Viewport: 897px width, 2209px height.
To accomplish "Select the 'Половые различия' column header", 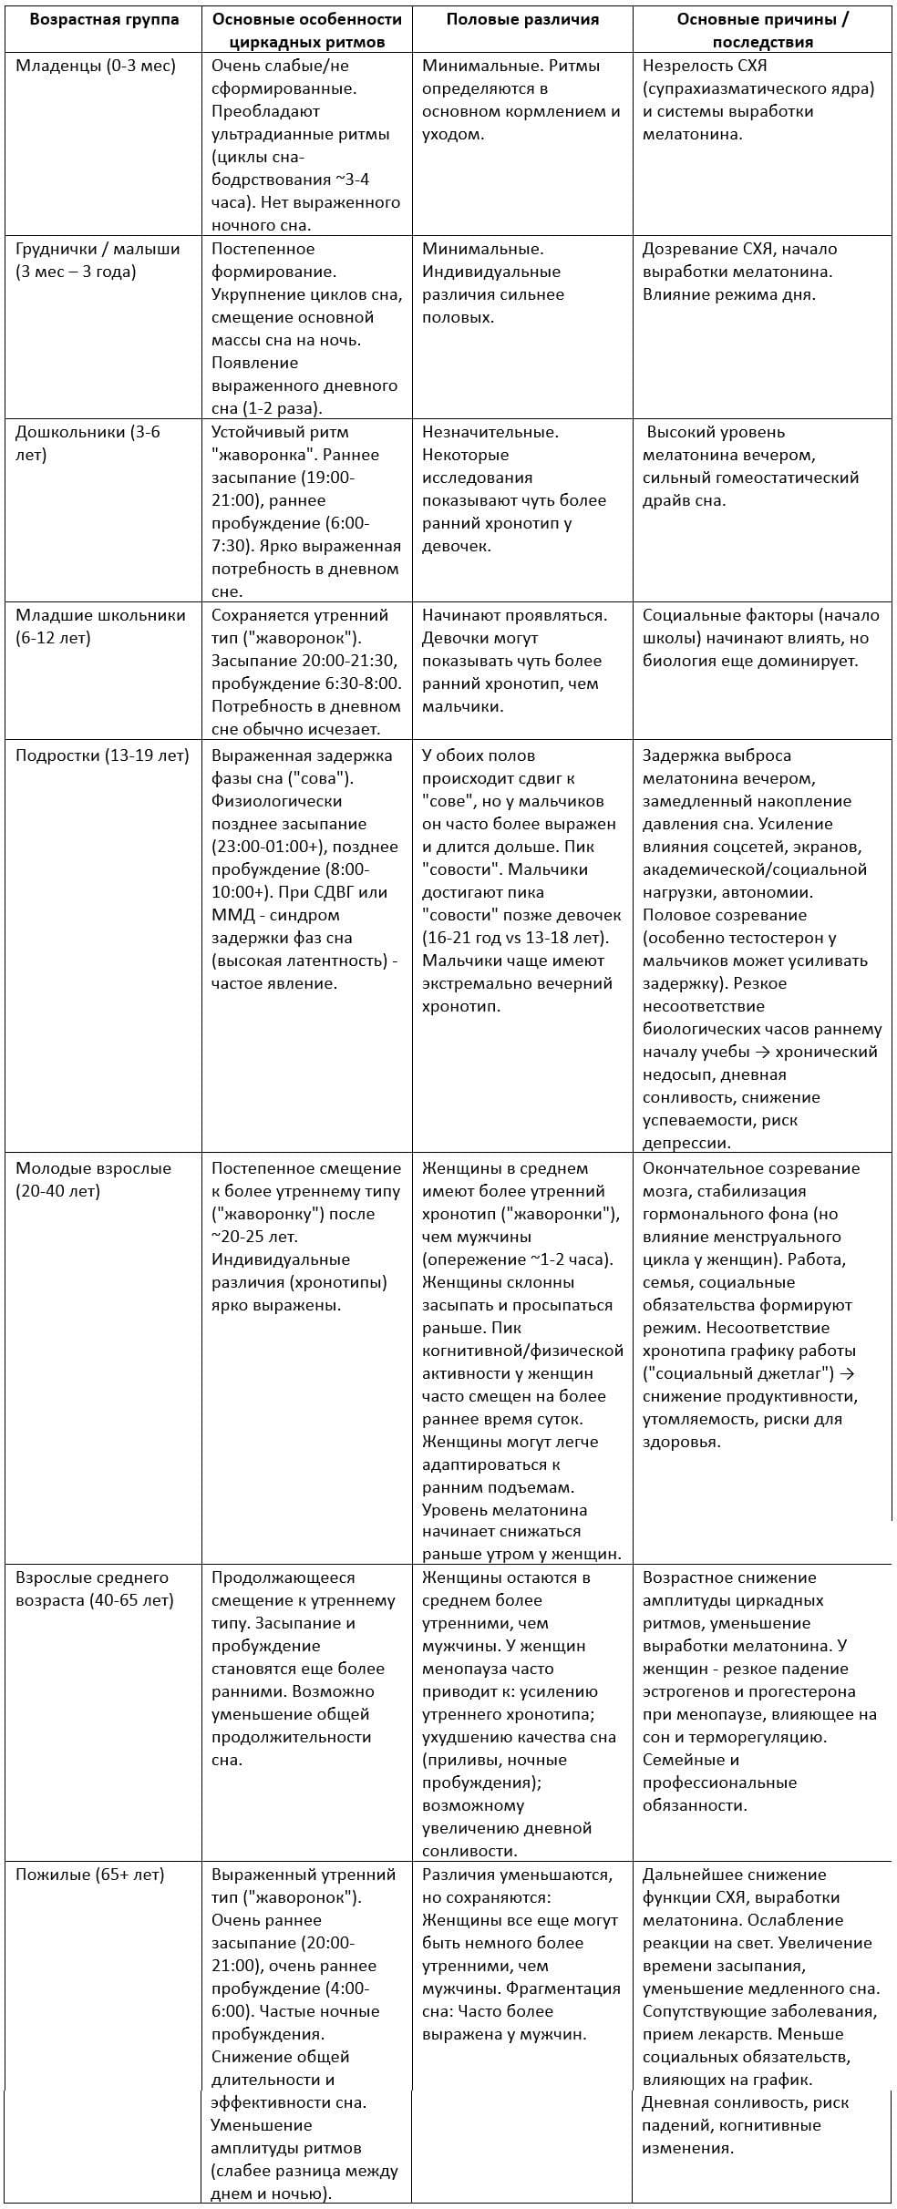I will click(522, 19).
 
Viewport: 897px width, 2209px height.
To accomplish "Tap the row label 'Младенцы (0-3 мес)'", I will click(95, 66).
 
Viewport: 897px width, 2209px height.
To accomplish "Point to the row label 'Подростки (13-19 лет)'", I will click(102, 755).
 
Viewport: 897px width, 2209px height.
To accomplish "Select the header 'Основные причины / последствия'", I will click(762, 30).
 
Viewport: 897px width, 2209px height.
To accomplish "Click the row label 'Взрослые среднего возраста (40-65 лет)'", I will click(94, 1588).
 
